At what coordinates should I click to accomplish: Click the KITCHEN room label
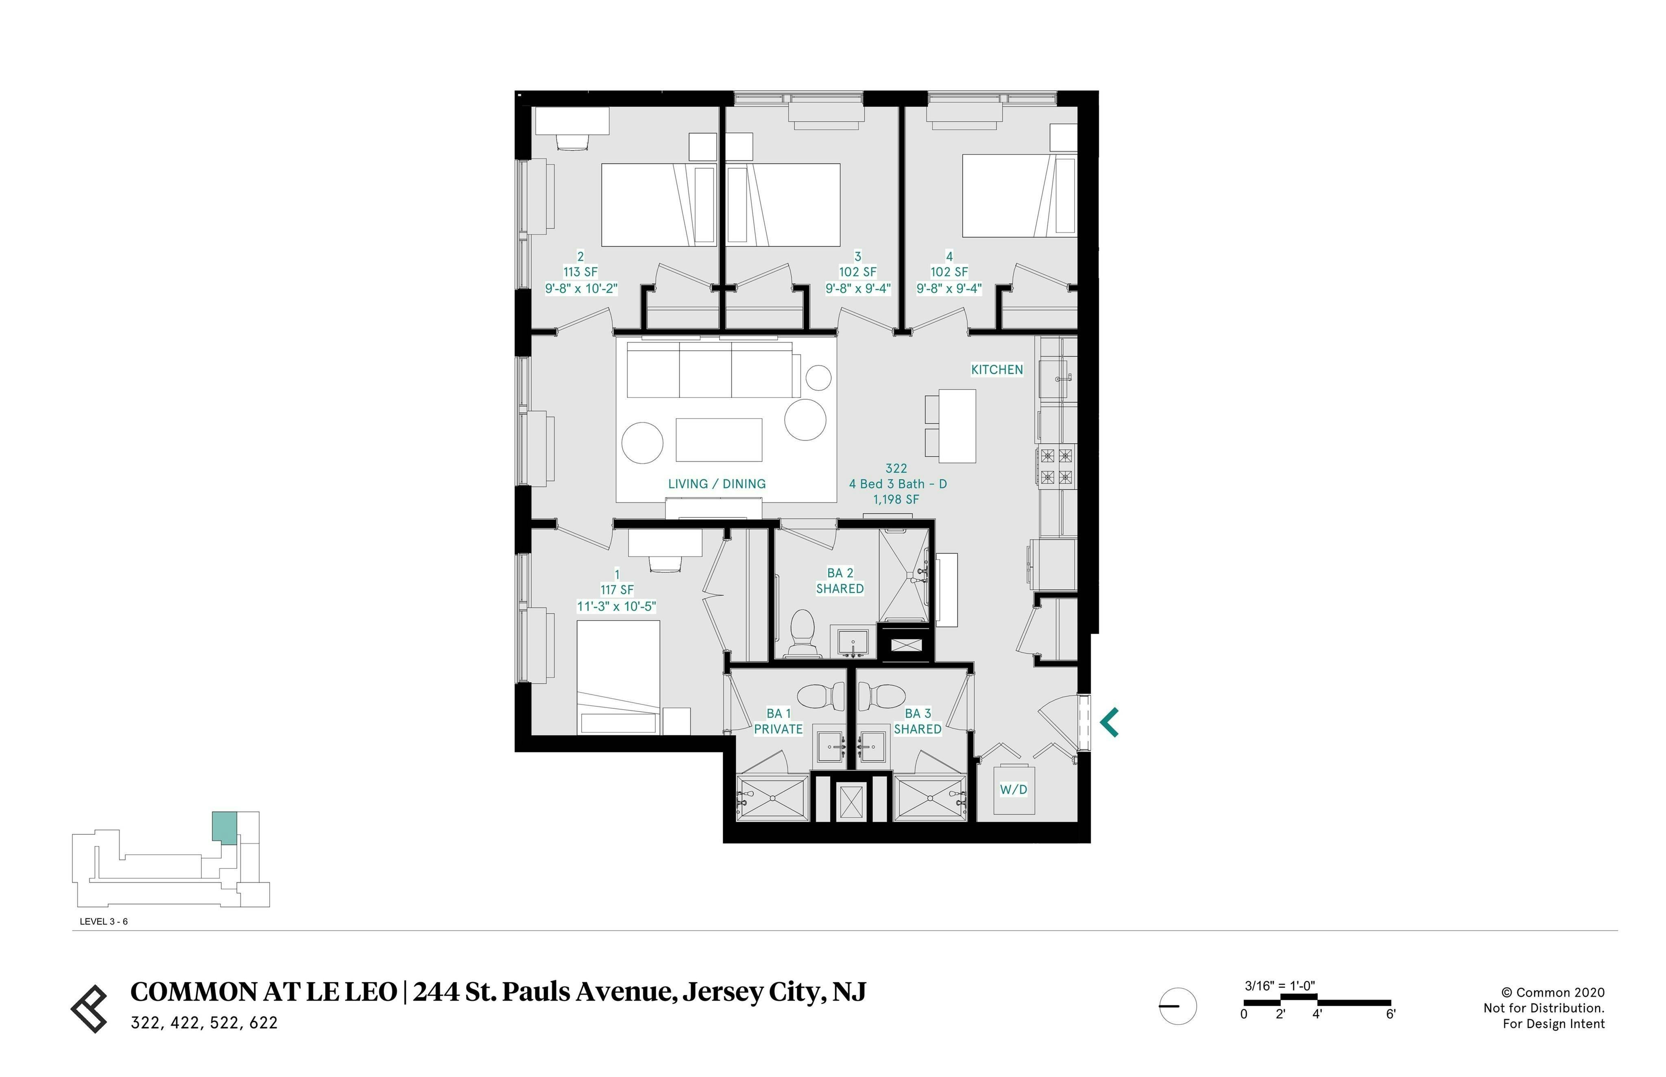(x=997, y=369)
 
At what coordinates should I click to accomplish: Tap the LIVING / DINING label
(x=717, y=483)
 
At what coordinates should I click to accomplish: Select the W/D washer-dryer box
(x=1013, y=790)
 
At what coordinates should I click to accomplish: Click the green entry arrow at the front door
(x=1109, y=723)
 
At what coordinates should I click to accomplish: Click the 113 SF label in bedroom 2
(x=581, y=272)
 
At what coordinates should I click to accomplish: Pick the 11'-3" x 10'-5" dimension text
(x=617, y=606)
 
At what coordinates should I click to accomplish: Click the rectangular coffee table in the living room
(x=719, y=440)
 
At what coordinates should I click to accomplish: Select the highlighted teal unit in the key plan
(x=224, y=827)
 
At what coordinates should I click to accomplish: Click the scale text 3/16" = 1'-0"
(x=1280, y=986)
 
